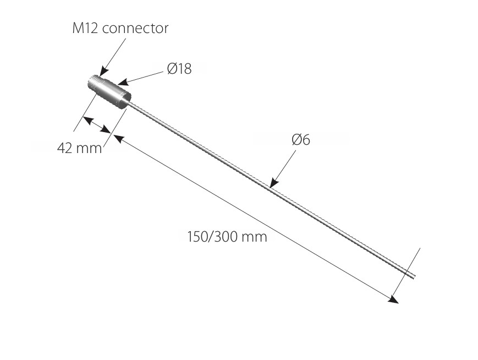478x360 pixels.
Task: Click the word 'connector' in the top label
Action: click(x=135, y=29)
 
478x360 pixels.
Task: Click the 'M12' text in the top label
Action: click(x=85, y=28)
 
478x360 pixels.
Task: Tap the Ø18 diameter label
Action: click(x=179, y=69)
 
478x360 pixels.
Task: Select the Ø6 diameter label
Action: click(x=301, y=139)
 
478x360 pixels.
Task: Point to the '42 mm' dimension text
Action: click(x=80, y=148)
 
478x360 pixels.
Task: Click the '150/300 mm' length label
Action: click(x=227, y=237)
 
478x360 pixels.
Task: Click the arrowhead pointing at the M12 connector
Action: click(x=103, y=72)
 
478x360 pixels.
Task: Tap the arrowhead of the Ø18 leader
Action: click(x=123, y=82)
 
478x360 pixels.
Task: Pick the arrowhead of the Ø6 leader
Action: click(x=274, y=182)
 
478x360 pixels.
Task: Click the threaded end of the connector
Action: click(x=94, y=84)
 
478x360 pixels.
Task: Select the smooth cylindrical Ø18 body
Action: click(x=115, y=93)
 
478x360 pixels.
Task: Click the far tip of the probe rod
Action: click(x=414, y=276)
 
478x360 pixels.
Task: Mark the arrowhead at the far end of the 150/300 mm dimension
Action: click(x=393, y=299)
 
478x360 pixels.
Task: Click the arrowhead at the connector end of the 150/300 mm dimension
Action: click(x=118, y=139)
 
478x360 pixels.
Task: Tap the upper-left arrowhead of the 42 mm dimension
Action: click(x=87, y=120)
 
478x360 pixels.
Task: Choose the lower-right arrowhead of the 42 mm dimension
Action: click(x=106, y=129)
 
